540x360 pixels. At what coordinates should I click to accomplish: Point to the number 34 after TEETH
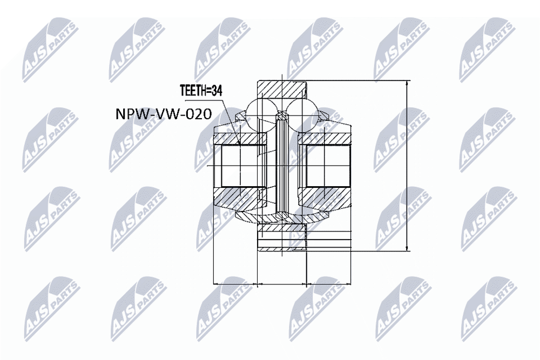[217, 91]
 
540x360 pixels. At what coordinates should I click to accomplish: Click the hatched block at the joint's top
[281, 90]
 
